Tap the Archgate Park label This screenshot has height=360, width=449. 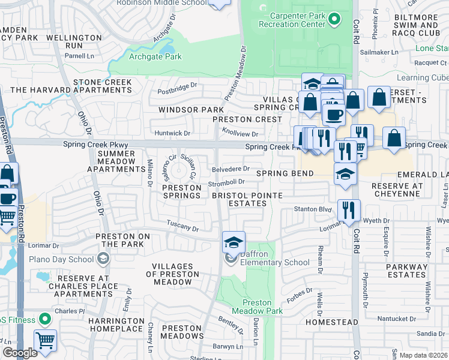pos(155,57)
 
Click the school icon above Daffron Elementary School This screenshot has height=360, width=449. pos(234,242)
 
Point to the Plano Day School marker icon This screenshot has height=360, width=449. pos(103,259)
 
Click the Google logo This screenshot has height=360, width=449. pos(20,353)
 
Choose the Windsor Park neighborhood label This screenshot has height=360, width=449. pos(182,110)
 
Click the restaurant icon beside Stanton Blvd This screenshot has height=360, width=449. pos(349,210)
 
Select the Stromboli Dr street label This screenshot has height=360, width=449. pos(226,182)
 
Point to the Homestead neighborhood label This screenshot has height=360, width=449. pos(327,322)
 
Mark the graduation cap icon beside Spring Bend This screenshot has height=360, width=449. pos(345,174)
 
